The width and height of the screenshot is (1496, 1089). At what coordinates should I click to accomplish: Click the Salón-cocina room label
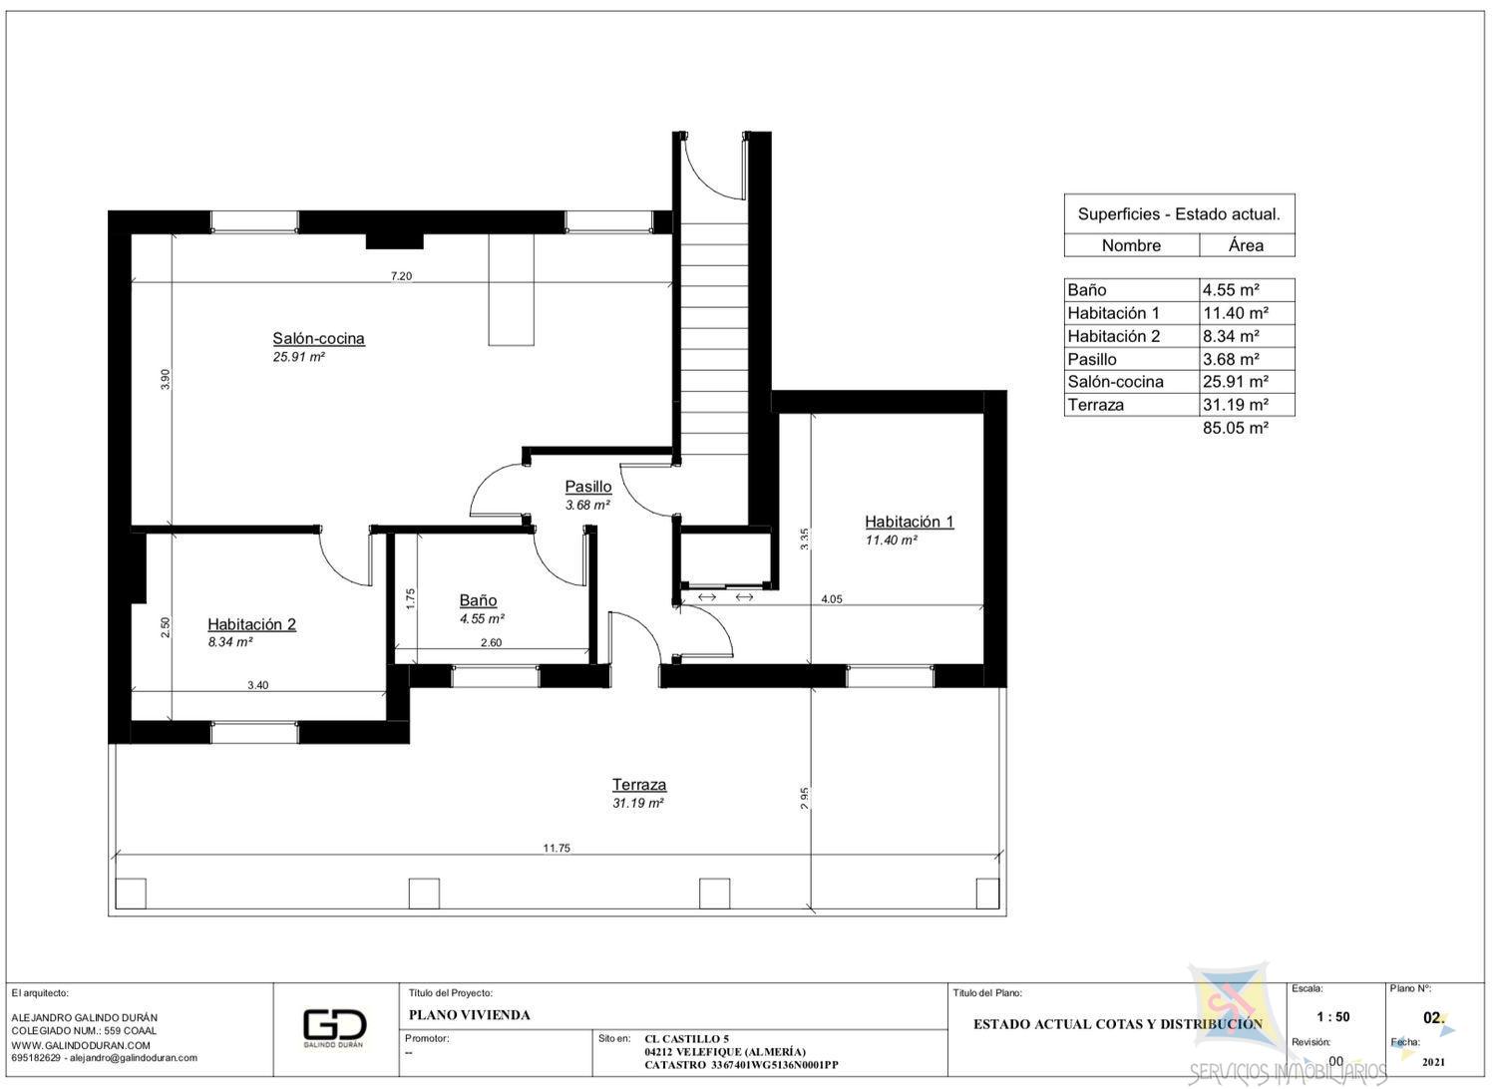(318, 338)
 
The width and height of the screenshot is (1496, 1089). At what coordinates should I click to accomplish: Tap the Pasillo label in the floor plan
(588, 487)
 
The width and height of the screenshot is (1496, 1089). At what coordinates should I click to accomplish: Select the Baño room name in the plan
(478, 600)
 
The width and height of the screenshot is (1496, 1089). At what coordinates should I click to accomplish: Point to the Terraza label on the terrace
(639, 785)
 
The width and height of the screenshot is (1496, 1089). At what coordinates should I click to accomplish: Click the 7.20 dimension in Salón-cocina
(401, 276)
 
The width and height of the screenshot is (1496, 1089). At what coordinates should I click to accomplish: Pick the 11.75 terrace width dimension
(557, 848)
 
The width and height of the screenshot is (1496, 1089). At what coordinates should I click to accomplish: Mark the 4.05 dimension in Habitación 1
(832, 599)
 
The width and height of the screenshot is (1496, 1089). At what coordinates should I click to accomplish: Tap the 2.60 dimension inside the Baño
(491, 642)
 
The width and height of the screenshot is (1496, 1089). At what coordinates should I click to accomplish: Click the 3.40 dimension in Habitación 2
(257, 685)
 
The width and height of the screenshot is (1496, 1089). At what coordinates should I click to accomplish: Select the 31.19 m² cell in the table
(1236, 405)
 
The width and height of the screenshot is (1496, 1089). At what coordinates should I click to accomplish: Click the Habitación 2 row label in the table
(1114, 336)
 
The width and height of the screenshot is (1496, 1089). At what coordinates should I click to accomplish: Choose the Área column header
(1246, 245)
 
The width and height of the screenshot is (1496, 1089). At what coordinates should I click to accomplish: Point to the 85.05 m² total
(1236, 428)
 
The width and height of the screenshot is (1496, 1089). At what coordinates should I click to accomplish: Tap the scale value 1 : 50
(1333, 1017)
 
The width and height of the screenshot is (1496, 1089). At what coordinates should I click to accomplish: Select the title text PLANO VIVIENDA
(470, 1015)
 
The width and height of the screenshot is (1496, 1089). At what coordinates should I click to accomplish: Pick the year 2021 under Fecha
(1433, 1062)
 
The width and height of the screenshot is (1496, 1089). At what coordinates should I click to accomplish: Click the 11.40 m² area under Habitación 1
(892, 541)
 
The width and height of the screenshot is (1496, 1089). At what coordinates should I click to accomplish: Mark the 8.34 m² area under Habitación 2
(230, 642)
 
